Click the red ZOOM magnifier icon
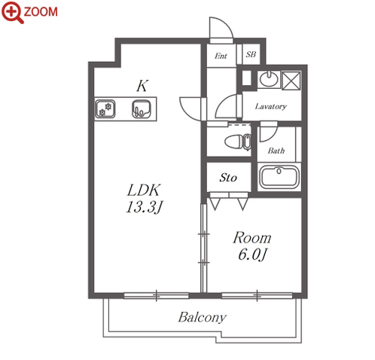(x=13, y=12)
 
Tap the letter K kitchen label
(x=142, y=86)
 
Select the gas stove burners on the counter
(x=105, y=109)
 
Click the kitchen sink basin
(x=142, y=109)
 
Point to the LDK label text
(x=143, y=191)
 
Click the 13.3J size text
(x=144, y=208)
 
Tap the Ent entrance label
(x=221, y=56)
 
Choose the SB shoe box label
(x=251, y=54)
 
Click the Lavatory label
(x=270, y=106)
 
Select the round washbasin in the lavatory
(x=269, y=78)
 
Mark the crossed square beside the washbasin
(x=291, y=81)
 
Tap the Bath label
(x=276, y=151)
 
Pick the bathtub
(x=279, y=177)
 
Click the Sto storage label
(x=228, y=178)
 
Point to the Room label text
(x=252, y=238)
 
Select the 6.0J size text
(x=252, y=255)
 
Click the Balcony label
(x=203, y=317)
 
